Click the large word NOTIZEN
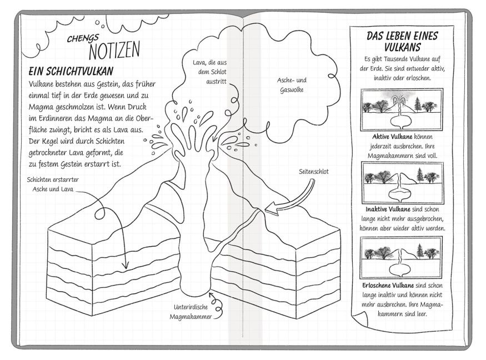click(x=114, y=50)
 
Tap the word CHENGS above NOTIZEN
click(x=83, y=38)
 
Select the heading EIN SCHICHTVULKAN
click(x=71, y=71)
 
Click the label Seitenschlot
click(x=314, y=172)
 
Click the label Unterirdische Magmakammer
click(x=191, y=312)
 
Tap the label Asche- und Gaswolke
click(x=292, y=85)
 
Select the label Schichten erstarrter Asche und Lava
click(x=53, y=184)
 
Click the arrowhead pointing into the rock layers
click(x=125, y=264)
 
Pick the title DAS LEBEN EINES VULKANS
click(x=402, y=41)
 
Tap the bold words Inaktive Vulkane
click(x=388, y=209)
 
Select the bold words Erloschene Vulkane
click(x=388, y=285)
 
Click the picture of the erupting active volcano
click(x=402, y=110)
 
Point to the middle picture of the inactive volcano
click(x=402, y=183)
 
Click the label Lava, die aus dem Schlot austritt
click(x=209, y=72)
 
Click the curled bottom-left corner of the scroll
click(x=359, y=319)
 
